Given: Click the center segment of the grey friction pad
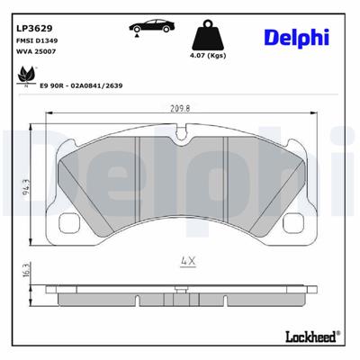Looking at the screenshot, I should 181,180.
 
